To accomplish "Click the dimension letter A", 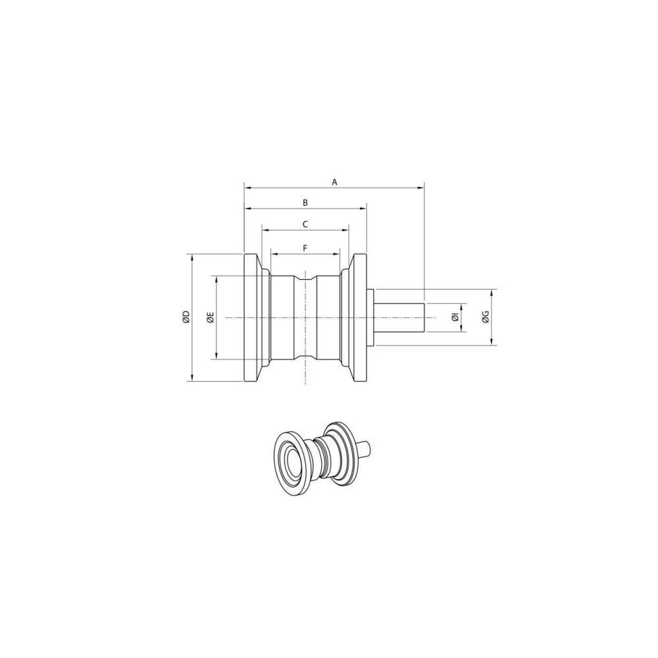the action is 334,182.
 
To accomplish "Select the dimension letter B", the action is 305,203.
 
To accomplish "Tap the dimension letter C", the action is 305,224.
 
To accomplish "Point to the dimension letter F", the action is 305,248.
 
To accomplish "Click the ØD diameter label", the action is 186,317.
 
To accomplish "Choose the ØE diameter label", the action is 211,317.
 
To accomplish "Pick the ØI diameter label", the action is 455,318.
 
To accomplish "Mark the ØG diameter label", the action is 486,317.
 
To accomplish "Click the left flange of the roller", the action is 253,318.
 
